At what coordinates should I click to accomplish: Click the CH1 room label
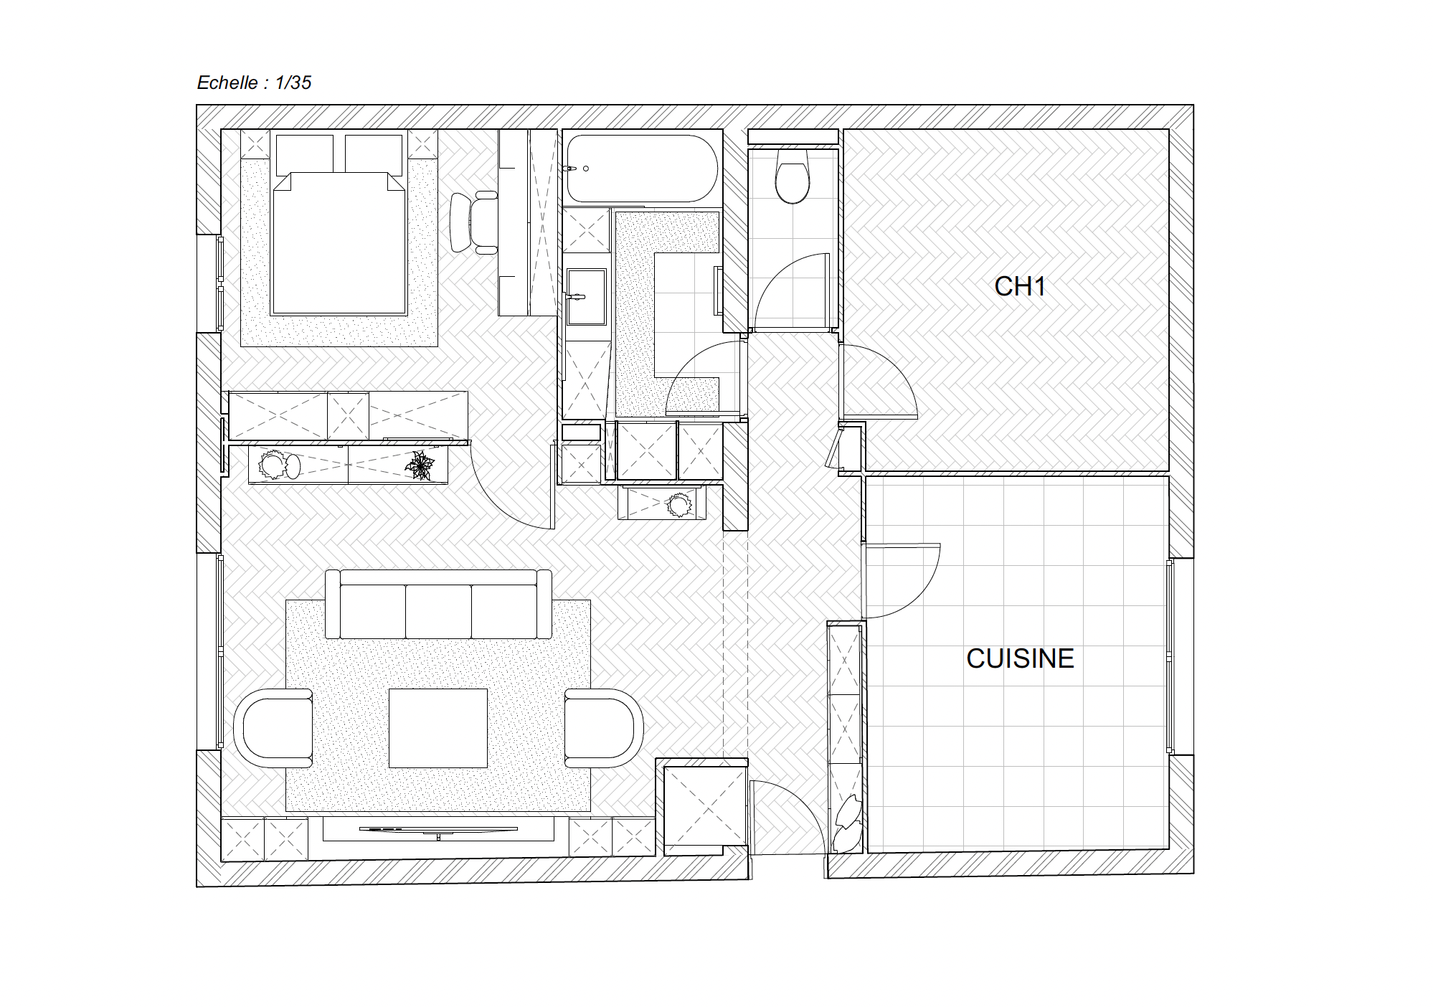[1019, 286]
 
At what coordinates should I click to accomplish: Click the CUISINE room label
[1020, 658]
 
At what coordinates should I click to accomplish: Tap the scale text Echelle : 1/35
[254, 82]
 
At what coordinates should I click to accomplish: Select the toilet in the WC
[792, 176]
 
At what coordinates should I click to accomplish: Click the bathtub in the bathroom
[642, 169]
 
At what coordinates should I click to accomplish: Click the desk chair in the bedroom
[474, 222]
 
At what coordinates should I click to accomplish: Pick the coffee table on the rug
[438, 728]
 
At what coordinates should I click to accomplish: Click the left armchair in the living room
[273, 728]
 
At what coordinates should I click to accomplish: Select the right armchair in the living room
[604, 728]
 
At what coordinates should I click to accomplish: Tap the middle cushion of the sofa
[438, 611]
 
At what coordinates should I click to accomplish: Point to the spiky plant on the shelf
[420, 465]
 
